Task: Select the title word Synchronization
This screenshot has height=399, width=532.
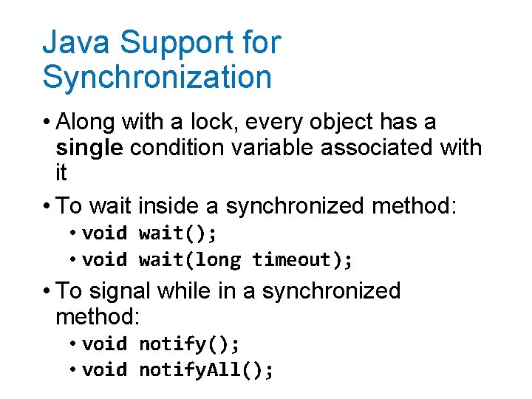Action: (x=157, y=77)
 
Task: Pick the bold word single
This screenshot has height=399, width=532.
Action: (x=89, y=147)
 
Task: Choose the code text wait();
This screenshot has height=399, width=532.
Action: (x=178, y=234)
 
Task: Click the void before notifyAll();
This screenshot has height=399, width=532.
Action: (x=105, y=369)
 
